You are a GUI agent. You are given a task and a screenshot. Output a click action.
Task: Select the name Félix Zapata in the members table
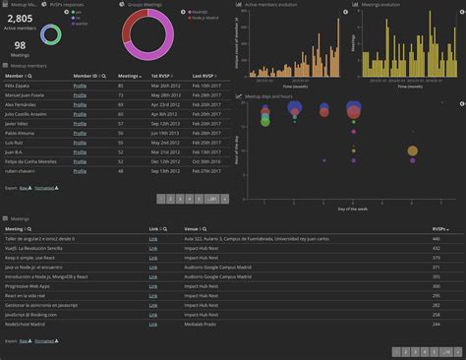[18, 86]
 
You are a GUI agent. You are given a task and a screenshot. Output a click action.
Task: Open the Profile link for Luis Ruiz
[80, 143]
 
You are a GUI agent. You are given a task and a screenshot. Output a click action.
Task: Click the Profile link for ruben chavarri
[80, 171]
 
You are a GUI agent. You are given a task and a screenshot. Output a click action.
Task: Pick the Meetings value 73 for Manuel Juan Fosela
[120, 95]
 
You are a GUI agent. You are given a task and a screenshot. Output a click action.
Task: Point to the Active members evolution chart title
[272, 4]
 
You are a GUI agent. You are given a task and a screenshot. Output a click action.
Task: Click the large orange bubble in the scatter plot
[413, 150]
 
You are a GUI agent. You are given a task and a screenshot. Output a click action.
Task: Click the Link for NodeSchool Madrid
[152, 322]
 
